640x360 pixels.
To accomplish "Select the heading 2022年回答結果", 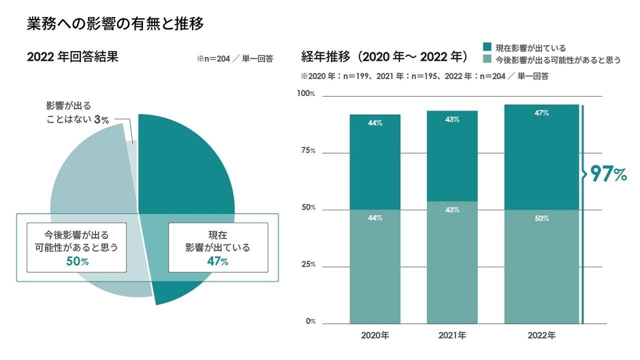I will [73, 57].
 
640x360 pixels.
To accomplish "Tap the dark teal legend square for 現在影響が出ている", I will [487, 47].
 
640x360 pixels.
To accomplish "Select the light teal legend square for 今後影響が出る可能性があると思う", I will [487, 60].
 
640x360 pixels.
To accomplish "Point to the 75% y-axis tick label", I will [308, 150].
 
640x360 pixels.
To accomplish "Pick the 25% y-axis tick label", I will [308, 264].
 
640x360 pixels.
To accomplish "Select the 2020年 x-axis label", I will [374, 336].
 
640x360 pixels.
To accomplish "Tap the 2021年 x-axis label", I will [452, 336].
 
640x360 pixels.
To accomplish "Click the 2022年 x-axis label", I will [541, 336].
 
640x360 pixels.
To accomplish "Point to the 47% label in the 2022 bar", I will [541, 114].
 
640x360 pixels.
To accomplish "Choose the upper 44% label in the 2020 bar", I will [374, 124].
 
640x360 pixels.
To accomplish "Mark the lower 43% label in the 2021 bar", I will [452, 210].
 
